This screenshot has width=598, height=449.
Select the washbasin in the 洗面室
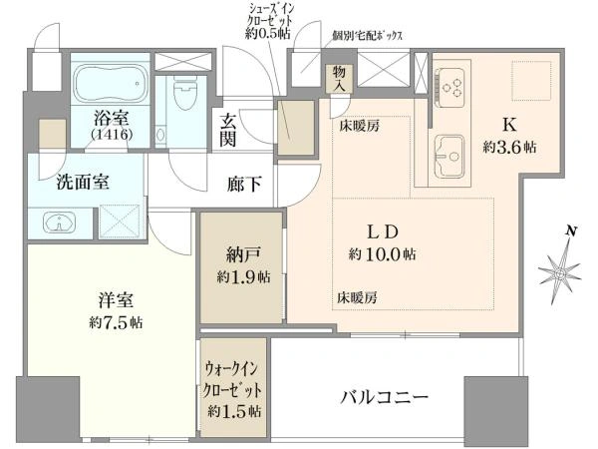[59, 223]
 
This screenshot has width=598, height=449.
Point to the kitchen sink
[450, 156]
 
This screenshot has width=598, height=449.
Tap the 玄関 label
[227, 131]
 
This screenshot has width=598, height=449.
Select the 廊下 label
[244, 185]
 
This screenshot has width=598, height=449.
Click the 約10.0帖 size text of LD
[382, 254]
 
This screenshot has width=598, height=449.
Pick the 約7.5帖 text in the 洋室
[116, 323]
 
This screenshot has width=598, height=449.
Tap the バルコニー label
[384, 398]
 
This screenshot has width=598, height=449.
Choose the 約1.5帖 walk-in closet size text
[235, 411]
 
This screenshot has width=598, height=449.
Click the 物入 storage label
[339, 79]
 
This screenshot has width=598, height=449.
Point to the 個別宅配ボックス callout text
[367, 36]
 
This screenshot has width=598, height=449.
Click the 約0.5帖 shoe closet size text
[267, 34]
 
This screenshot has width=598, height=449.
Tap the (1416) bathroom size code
[112, 134]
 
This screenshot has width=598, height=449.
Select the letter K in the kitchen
[509, 125]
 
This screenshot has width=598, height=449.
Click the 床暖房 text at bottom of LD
[357, 297]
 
